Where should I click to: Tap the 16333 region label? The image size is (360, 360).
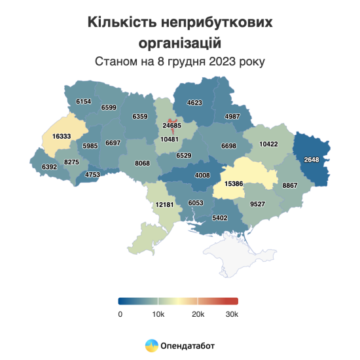click(x=57, y=135)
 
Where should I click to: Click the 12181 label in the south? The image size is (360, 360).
click(x=164, y=205)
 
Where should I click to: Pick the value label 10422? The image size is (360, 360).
click(x=268, y=143)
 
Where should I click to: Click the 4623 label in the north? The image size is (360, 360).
click(x=195, y=103)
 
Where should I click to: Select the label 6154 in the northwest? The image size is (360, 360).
click(x=83, y=102)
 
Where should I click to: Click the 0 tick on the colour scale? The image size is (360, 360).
click(x=120, y=314)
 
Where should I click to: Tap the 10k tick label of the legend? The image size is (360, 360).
click(x=158, y=314)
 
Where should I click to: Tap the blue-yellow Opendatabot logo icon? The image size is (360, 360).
click(x=151, y=344)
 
